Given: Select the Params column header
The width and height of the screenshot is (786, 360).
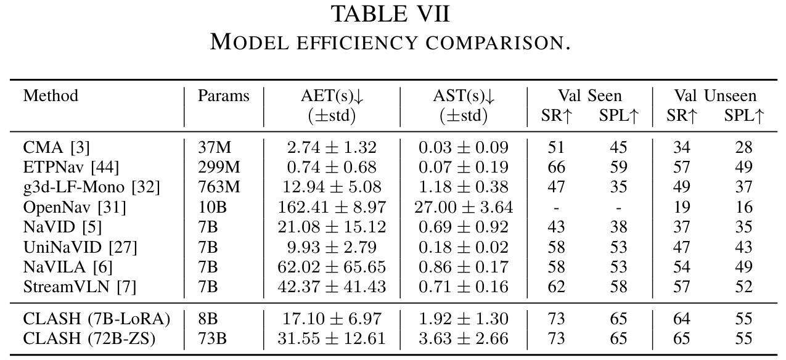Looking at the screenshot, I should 223,96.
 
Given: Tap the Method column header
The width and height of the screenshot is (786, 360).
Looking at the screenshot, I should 51,96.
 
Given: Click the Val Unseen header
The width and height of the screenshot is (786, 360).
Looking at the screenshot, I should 714,96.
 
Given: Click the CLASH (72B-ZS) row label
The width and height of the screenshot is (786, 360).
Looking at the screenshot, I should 89,339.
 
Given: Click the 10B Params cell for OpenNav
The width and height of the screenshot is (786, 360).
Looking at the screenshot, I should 211,207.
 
